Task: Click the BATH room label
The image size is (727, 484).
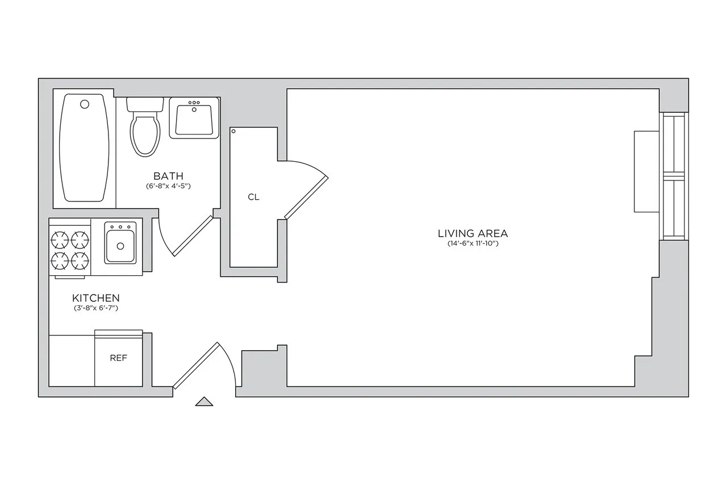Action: (x=168, y=176)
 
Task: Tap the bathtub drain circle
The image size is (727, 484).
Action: (x=85, y=104)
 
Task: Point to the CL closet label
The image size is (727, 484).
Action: (x=253, y=197)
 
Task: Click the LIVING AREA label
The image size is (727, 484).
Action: (x=473, y=233)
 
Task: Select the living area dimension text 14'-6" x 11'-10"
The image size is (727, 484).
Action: (x=473, y=244)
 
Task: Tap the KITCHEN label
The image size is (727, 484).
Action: (x=95, y=298)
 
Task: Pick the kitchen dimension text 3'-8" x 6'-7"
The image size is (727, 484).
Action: (x=95, y=308)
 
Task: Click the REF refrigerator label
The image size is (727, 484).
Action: (x=118, y=358)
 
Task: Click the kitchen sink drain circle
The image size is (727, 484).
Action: (x=120, y=246)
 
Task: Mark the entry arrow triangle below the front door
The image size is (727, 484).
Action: (x=204, y=401)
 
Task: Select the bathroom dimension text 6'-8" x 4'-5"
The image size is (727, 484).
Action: (x=168, y=186)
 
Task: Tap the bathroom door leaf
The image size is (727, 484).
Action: (x=193, y=235)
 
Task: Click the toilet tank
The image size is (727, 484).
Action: (x=145, y=104)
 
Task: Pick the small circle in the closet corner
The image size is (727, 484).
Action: (x=233, y=132)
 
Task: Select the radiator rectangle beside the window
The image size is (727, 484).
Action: (x=646, y=171)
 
